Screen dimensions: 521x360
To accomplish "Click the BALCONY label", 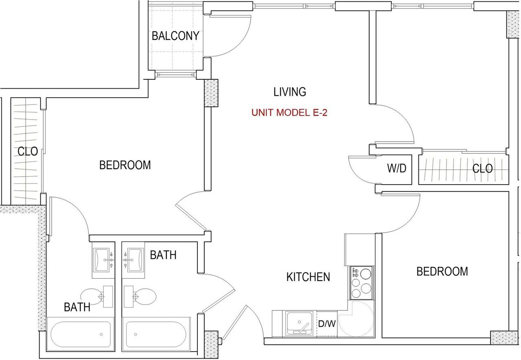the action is tap(175, 36).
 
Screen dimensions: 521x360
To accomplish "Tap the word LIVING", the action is tap(289, 92).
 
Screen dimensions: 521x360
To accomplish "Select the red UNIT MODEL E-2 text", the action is tap(289, 113).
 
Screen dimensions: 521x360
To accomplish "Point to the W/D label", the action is tap(396, 168).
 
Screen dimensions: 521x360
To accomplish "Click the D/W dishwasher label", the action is tap(327, 323).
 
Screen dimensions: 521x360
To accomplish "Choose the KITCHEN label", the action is tap(308, 277).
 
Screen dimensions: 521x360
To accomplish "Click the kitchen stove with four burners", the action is tap(362, 283).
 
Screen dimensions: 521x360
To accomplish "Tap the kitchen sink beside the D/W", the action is tap(300, 323).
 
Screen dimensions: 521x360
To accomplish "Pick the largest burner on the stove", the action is tap(366, 273).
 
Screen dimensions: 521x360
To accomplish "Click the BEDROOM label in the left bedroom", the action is tap(125, 165).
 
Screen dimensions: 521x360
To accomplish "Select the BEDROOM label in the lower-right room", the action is tap(442, 271).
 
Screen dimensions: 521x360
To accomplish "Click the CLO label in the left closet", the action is tap(28, 151).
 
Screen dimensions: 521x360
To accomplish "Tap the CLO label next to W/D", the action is tap(482, 168).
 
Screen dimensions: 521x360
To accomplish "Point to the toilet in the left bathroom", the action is tap(97, 296).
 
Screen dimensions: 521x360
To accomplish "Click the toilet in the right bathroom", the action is tap(140, 297).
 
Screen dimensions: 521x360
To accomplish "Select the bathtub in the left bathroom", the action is tap(81, 334).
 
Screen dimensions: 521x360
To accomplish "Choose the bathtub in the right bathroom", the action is tap(156, 334).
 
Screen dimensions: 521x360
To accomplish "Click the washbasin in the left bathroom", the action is tap(103, 260).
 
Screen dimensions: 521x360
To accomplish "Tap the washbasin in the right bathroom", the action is tap(133, 260).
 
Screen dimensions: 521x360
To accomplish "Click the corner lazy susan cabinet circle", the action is tap(356, 319).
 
